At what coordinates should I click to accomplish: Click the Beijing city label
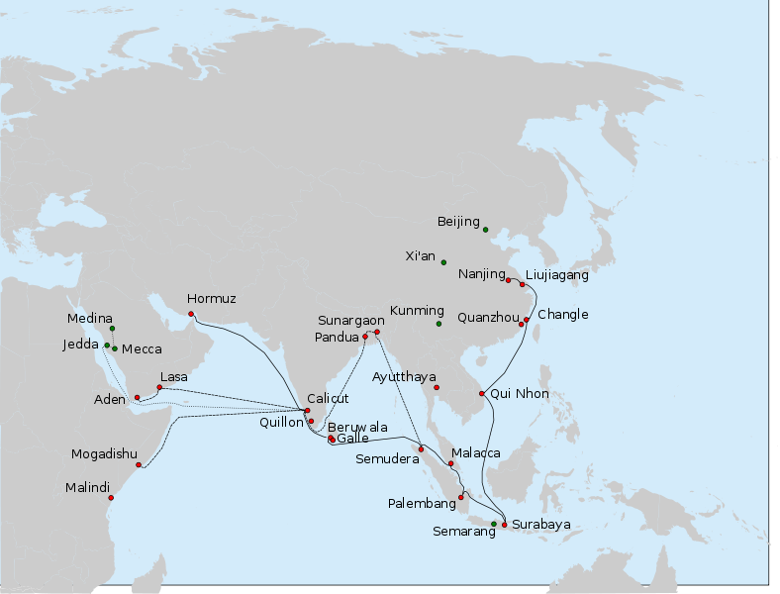[x=458, y=222]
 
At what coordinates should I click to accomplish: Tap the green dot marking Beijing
[x=485, y=230]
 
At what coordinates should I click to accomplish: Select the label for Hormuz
[x=212, y=299]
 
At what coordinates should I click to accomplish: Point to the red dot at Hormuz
[x=191, y=314]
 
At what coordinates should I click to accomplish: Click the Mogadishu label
[x=104, y=455]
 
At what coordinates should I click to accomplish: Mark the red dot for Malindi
[x=111, y=498]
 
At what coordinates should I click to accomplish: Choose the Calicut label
[x=328, y=399]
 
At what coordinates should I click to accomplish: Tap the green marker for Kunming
[x=439, y=324]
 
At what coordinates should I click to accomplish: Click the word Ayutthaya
[x=405, y=377]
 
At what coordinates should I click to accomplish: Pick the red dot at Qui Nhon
[x=482, y=394]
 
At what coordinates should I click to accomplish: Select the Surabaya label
[x=541, y=525]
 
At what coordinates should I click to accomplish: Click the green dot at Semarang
[x=494, y=524]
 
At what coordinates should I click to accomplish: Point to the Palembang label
[x=422, y=504]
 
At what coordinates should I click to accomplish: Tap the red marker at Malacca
[x=450, y=463]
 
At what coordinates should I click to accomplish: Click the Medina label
[x=90, y=319]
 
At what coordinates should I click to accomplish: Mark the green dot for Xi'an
[x=443, y=262]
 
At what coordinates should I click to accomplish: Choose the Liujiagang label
[x=556, y=276]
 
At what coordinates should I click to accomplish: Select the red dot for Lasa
[x=159, y=387]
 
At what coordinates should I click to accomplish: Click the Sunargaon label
[x=350, y=321]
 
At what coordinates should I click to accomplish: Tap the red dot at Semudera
[x=421, y=449]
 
